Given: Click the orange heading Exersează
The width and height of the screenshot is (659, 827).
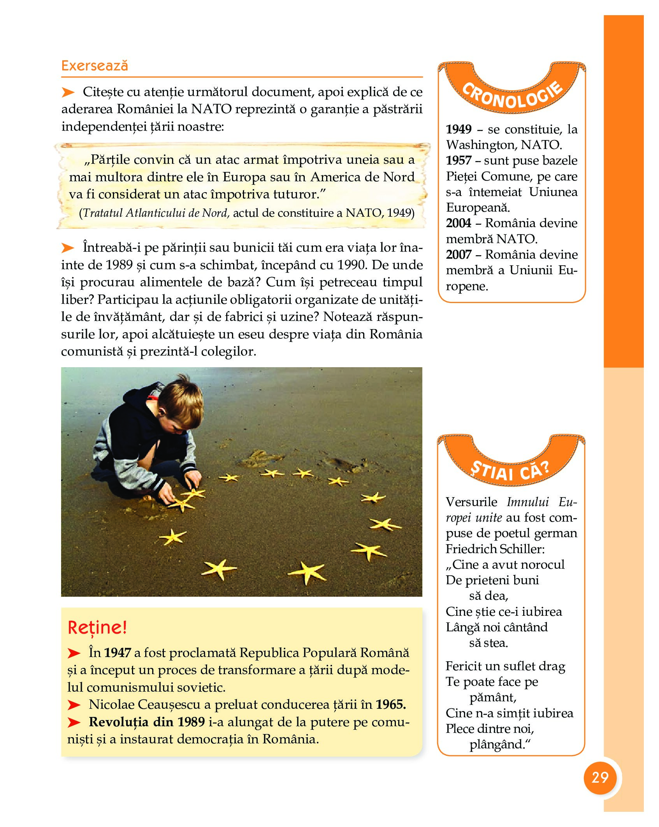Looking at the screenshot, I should pyautogui.click(x=95, y=65).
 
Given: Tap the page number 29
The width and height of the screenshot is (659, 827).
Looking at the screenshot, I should pyautogui.click(x=600, y=777).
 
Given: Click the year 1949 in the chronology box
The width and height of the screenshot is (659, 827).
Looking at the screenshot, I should pyautogui.click(x=459, y=129).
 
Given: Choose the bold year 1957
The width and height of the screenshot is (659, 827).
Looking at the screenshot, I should pyautogui.click(x=459, y=160).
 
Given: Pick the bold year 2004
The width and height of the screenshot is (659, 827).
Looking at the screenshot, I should pyautogui.click(x=459, y=223).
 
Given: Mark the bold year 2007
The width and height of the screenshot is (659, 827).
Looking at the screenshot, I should pyautogui.click(x=459, y=254).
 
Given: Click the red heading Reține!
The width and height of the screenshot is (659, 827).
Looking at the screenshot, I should pyautogui.click(x=97, y=627).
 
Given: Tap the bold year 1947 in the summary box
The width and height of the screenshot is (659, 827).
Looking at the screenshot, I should pyautogui.click(x=117, y=653).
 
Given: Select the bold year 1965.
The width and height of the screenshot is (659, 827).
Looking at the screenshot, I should pyautogui.click(x=390, y=704).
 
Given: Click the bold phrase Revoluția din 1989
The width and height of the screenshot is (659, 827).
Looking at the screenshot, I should pyautogui.click(x=147, y=722).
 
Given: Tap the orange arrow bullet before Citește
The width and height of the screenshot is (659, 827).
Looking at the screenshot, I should pyautogui.click(x=68, y=92).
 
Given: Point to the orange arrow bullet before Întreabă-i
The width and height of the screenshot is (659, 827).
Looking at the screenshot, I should pyautogui.click(x=68, y=247).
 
